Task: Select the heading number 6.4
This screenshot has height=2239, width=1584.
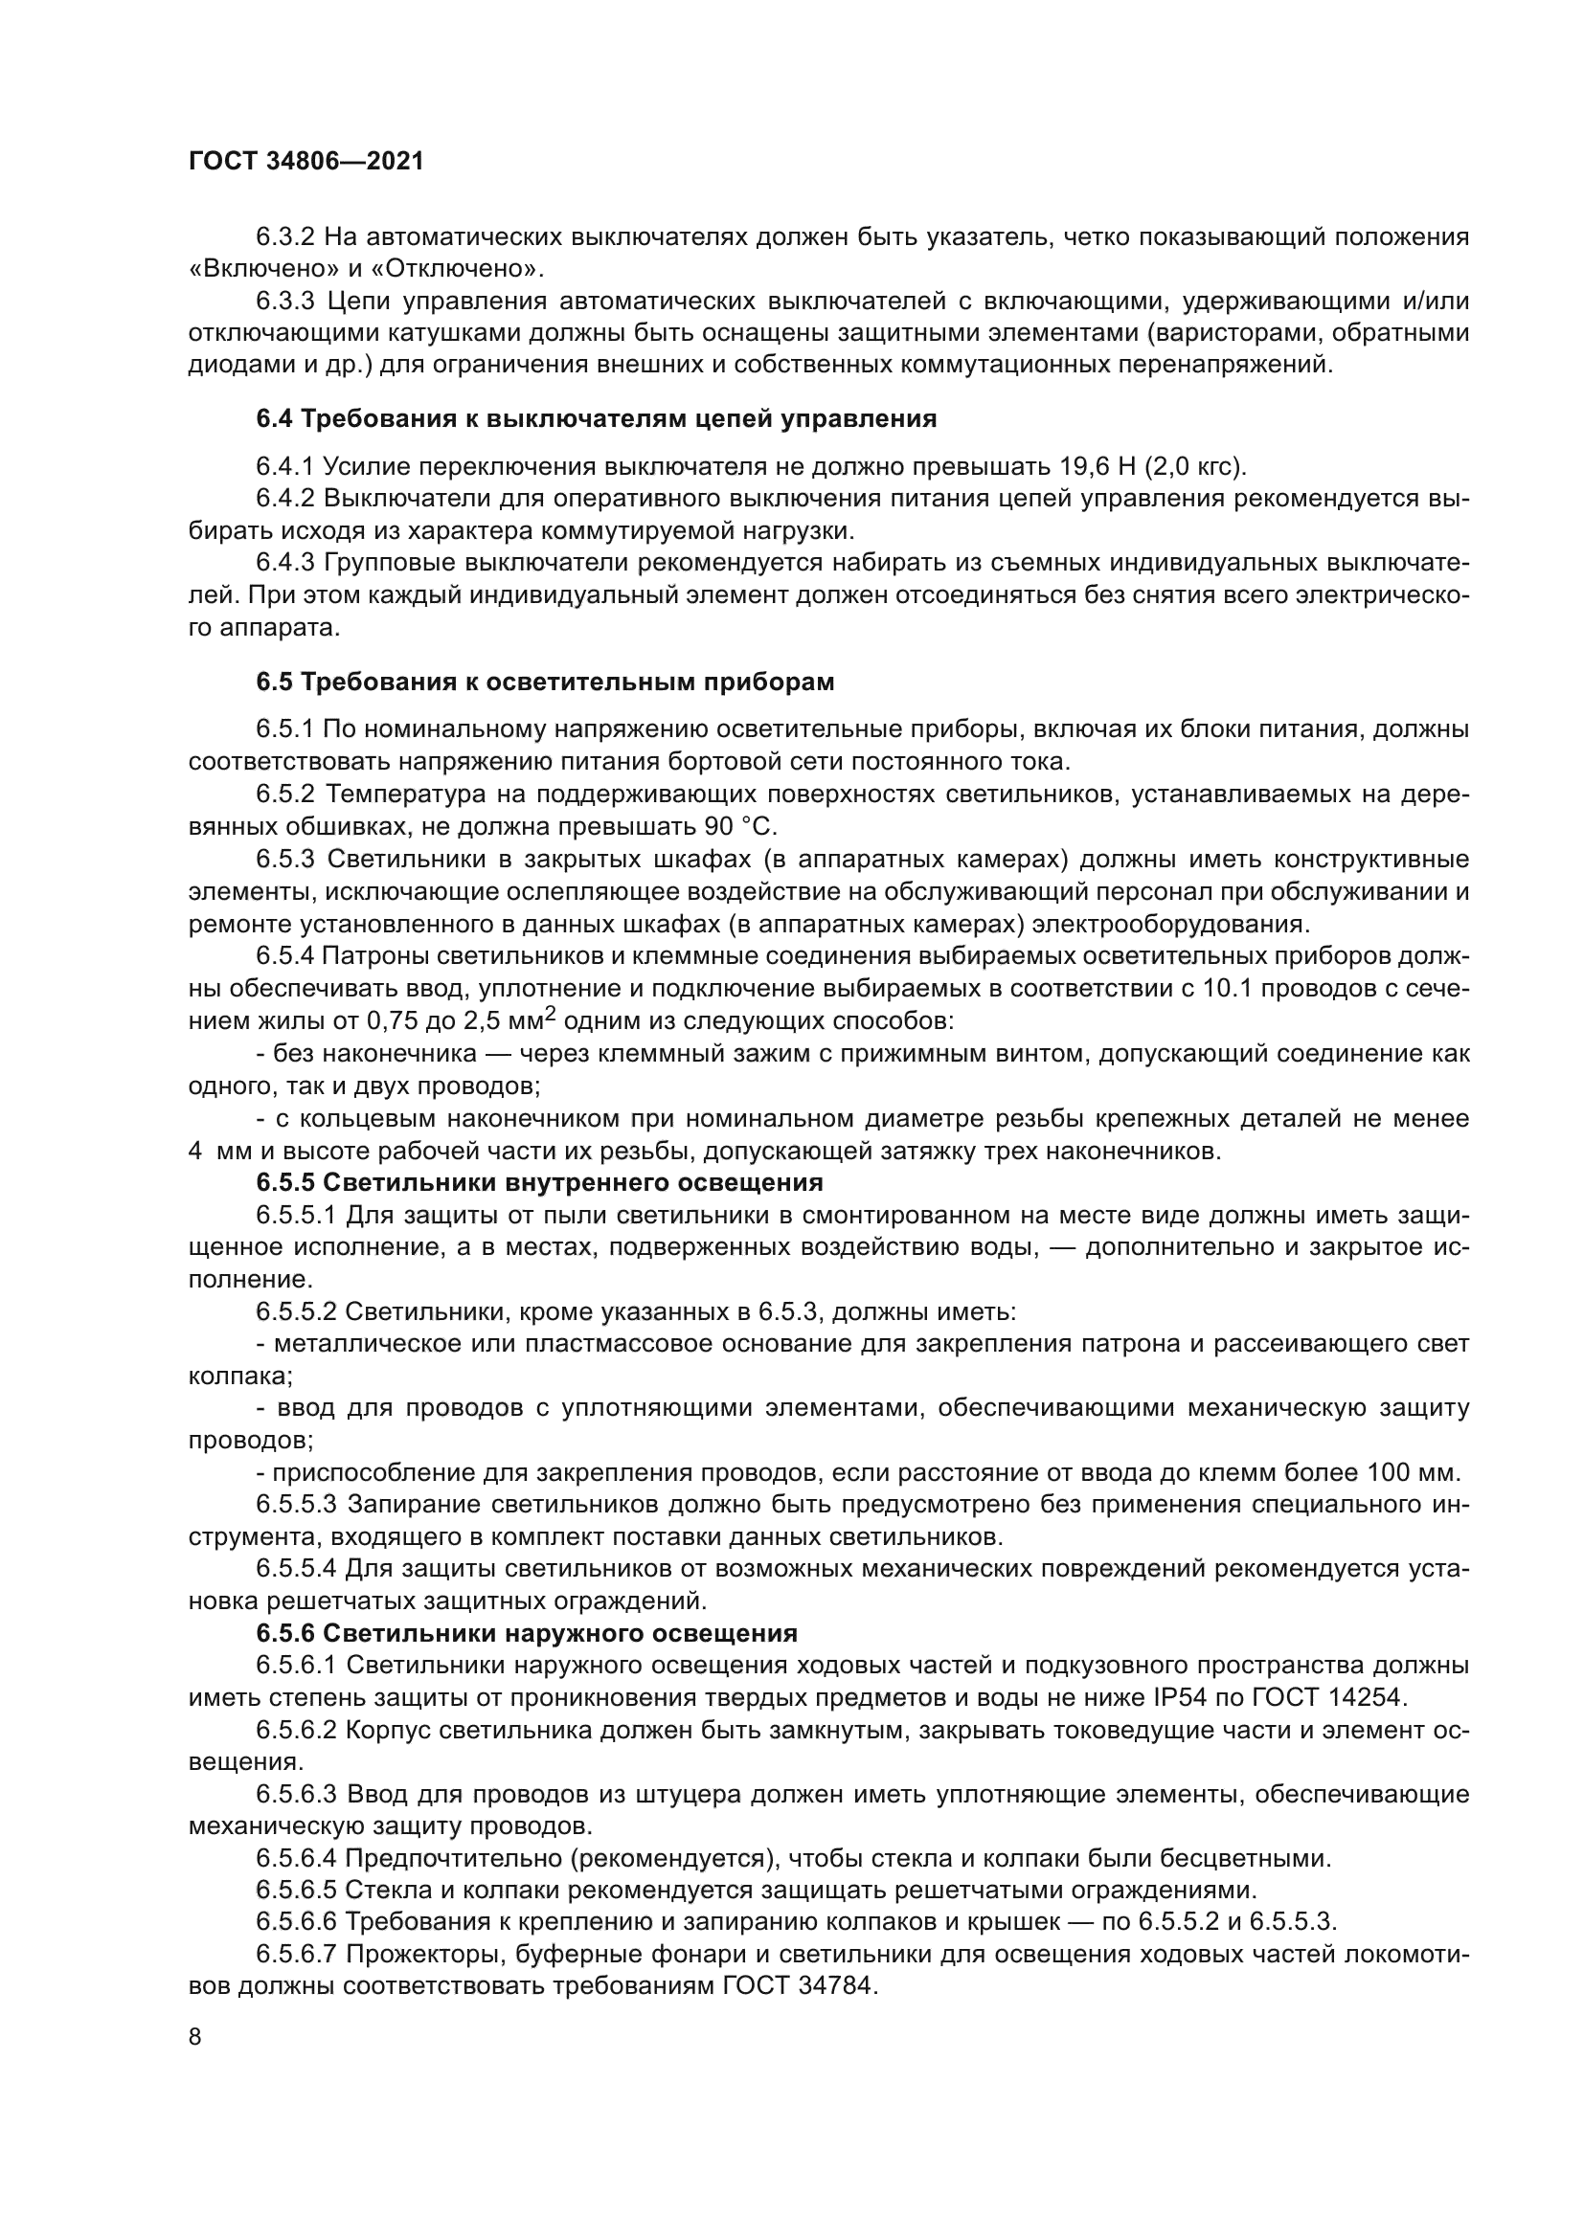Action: pyautogui.click(x=274, y=419)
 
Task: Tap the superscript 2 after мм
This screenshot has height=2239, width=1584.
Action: pyautogui.click(x=550, y=1014)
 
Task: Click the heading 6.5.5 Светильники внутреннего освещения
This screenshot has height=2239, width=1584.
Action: pyautogui.click(x=539, y=1183)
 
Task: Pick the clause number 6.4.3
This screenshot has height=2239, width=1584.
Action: pyautogui.click(x=285, y=563)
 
